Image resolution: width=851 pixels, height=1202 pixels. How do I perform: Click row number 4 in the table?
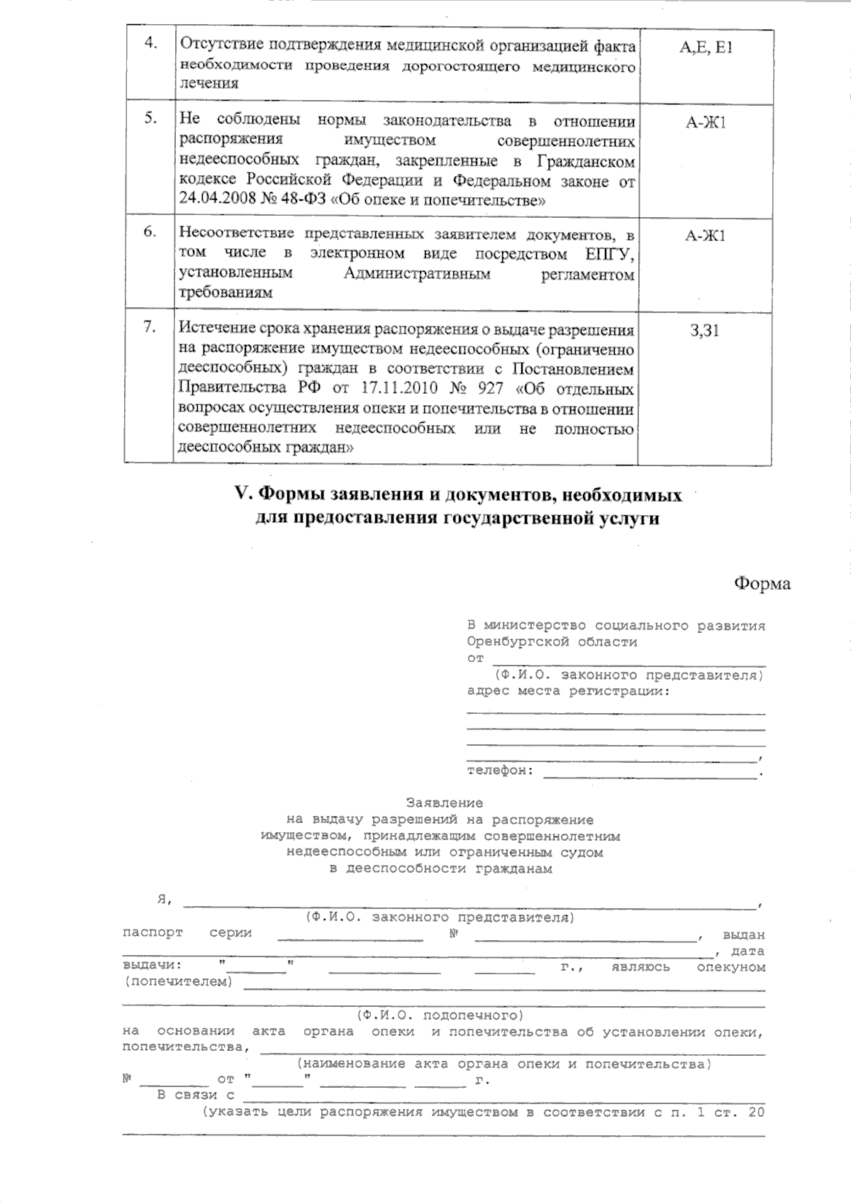click(x=150, y=43)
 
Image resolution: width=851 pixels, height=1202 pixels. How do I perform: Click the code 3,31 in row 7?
click(x=705, y=331)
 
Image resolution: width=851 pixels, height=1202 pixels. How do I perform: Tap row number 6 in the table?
click(x=150, y=231)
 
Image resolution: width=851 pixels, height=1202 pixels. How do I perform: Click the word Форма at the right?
click(x=762, y=583)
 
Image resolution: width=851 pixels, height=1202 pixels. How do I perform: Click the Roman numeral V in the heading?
click(x=239, y=494)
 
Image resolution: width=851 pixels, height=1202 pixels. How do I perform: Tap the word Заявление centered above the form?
click(x=444, y=803)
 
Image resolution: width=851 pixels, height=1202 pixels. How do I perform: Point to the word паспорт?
click(x=152, y=932)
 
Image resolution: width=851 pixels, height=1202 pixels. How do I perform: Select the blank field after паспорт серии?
click(x=350, y=935)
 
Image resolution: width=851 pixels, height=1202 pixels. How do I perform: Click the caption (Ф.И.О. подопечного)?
click(x=440, y=1015)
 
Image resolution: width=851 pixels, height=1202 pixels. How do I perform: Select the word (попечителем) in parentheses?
click(x=178, y=982)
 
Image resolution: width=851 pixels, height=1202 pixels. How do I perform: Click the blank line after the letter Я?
click(x=468, y=903)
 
